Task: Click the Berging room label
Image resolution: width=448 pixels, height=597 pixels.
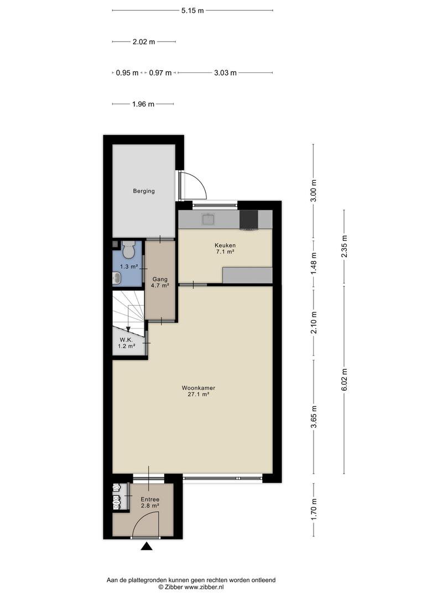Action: pos(144,191)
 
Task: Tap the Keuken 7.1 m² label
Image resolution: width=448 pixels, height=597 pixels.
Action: pos(225,248)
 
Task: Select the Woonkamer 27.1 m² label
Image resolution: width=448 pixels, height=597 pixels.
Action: pos(198,391)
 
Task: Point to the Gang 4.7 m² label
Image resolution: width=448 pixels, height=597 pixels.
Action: pos(160,282)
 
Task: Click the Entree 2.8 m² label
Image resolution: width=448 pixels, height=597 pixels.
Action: pos(150,502)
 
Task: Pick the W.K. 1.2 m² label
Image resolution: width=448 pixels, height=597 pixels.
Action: pos(127,343)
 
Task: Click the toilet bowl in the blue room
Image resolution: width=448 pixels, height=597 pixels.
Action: pos(128,249)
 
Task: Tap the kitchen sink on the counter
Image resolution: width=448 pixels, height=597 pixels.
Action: pos(209,219)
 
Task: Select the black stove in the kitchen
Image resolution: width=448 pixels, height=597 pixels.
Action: pos(248,221)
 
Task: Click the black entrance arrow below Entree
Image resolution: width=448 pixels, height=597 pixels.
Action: pos(147,547)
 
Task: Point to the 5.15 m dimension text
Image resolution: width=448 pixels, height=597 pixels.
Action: pos(192,11)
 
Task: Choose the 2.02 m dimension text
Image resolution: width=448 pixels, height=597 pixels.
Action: pos(144,42)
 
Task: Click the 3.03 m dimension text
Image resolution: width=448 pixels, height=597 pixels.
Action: pos(225,73)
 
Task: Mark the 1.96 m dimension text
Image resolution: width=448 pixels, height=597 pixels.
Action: pos(143,104)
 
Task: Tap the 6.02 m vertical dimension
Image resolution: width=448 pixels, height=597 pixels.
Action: pos(345,379)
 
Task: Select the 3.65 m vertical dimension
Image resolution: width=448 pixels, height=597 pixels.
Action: pos(314,417)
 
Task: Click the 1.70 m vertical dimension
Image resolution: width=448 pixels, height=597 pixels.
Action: pos(314,510)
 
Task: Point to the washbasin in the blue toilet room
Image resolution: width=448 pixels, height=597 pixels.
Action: pos(117,278)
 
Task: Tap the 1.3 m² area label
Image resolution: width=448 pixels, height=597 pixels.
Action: pos(129,267)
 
